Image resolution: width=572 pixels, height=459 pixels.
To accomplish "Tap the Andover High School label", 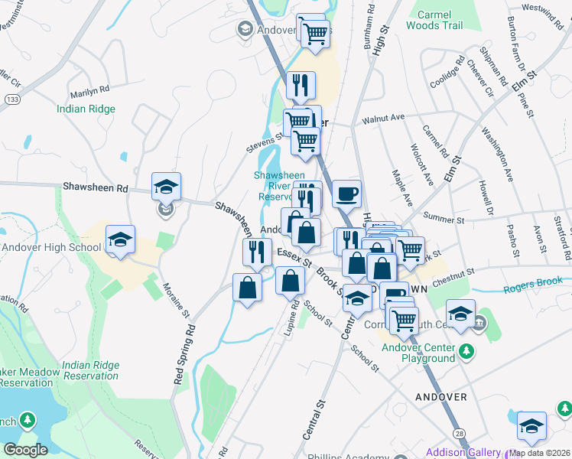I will [51, 247].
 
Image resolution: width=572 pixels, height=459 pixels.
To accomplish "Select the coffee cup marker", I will [346, 194].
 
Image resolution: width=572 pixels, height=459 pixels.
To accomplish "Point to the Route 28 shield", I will [458, 434].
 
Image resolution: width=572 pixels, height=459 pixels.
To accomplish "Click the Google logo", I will [26, 449].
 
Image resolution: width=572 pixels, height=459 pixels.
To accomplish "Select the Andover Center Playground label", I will [419, 353].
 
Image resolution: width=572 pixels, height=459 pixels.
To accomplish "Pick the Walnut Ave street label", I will [382, 119].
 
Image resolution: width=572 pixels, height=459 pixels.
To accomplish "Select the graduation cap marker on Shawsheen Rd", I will [165, 186].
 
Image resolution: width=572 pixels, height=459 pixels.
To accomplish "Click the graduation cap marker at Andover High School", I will [120, 239].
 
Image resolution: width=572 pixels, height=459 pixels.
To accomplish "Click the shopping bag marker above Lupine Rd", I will [290, 281].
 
